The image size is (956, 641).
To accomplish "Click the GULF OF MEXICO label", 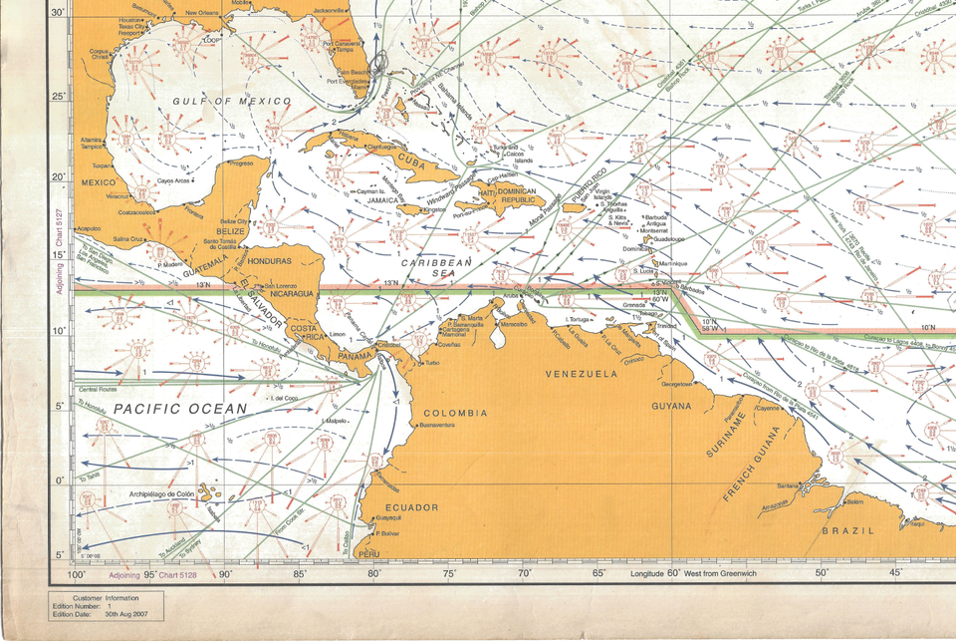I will pyautogui.click(x=231, y=102).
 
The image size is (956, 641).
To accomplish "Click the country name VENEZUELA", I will pyautogui.click(x=581, y=373).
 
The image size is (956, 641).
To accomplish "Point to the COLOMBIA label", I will pyautogui.click(x=455, y=412).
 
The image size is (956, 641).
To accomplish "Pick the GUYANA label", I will pyautogui.click(x=670, y=406).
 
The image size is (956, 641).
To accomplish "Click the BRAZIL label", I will pyautogui.click(x=846, y=530).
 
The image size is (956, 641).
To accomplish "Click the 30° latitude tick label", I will pyautogui.click(x=57, y=12).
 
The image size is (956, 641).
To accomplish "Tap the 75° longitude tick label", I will pyautogui.click(x=449, y=574).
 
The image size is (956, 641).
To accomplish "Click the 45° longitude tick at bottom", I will pyautogui.click(x=896, y=574).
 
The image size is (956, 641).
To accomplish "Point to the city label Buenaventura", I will pyautogui.click(x=437, y=426).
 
